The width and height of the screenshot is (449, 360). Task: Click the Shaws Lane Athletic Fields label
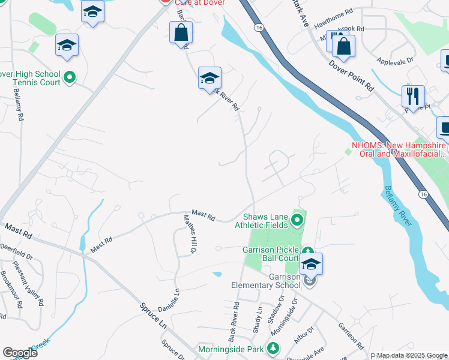(266, 221)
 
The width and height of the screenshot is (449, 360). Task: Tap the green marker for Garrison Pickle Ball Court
(307, 251)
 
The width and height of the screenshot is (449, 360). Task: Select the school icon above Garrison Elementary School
(311, 263)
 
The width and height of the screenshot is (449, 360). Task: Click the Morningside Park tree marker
(273, 348)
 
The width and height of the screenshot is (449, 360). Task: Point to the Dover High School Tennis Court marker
(70, 77)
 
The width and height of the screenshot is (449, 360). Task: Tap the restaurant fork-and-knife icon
(413, 95)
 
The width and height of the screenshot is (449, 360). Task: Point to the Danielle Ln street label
(169, 299)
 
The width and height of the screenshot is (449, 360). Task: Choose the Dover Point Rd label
(352, 74)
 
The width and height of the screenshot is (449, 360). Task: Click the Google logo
(20, 353)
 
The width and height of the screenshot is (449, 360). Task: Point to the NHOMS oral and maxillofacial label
(399, 149)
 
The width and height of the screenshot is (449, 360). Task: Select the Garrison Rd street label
(351, 336)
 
